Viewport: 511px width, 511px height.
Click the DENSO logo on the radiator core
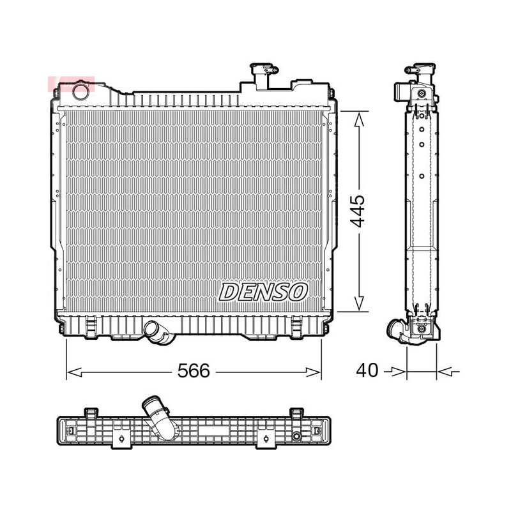click(x=263, y=292)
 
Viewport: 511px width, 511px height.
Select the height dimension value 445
click(x=358, y=211)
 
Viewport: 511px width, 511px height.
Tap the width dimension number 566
click(x=194, y=371)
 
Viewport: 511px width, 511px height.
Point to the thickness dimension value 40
click(x=367, y=370)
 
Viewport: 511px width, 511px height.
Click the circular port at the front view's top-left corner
click(x=80, y=91)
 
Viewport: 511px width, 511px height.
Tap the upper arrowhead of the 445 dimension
click(x=359, y=120)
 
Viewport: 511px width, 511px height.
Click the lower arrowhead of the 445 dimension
click(x=359, y=303)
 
